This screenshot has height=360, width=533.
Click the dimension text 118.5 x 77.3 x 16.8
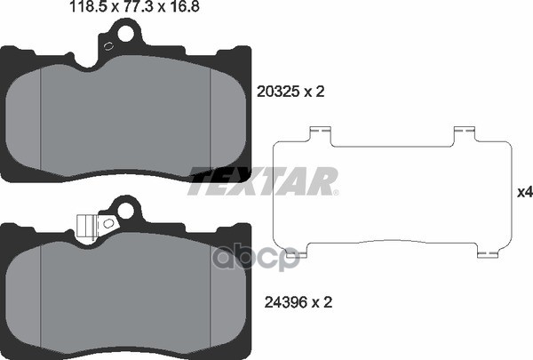click(134, 7)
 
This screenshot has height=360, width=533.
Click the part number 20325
click(278, 92)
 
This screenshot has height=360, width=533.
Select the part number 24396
click(285, 302)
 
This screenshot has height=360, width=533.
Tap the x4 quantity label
click(525, 193)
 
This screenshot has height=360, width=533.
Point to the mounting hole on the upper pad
click(125, 33)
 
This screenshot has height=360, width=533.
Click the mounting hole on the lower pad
click(125, 211)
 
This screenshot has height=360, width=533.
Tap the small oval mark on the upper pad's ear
click(108, 46)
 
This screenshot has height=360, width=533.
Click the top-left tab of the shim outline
click(321, 135)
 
